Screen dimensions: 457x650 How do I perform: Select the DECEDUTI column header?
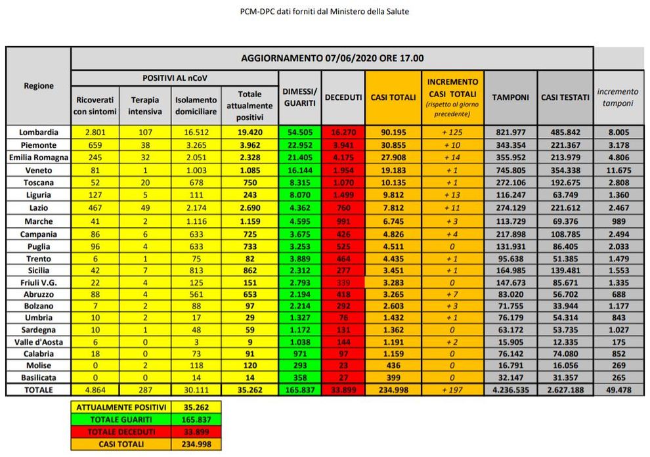343,97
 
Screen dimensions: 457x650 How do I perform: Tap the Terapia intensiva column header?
144,106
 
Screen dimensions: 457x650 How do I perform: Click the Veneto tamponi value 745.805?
510,170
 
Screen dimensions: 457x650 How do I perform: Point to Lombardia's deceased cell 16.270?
343,132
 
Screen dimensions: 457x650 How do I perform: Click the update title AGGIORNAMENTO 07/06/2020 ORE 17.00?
332,58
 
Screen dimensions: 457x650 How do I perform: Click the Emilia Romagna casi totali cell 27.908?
393,158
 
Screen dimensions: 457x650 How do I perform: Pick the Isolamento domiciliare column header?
196,106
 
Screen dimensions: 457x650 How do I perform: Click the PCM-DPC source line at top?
325,11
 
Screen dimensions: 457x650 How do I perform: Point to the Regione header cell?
39,85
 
